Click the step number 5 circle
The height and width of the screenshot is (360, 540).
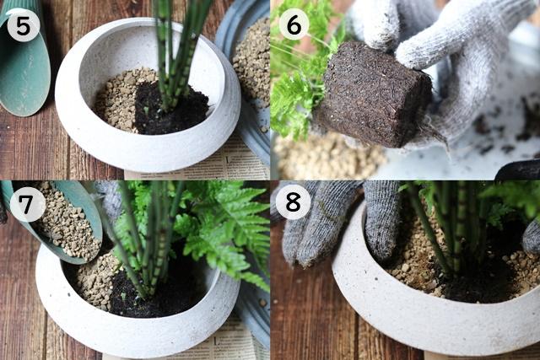click(23, 25)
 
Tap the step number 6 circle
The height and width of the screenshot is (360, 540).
click(294, 24)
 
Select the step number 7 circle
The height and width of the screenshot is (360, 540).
click(27, 204)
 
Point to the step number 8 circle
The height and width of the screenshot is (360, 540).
click(293, 202)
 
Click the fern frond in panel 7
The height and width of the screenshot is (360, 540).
click(220, 227)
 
